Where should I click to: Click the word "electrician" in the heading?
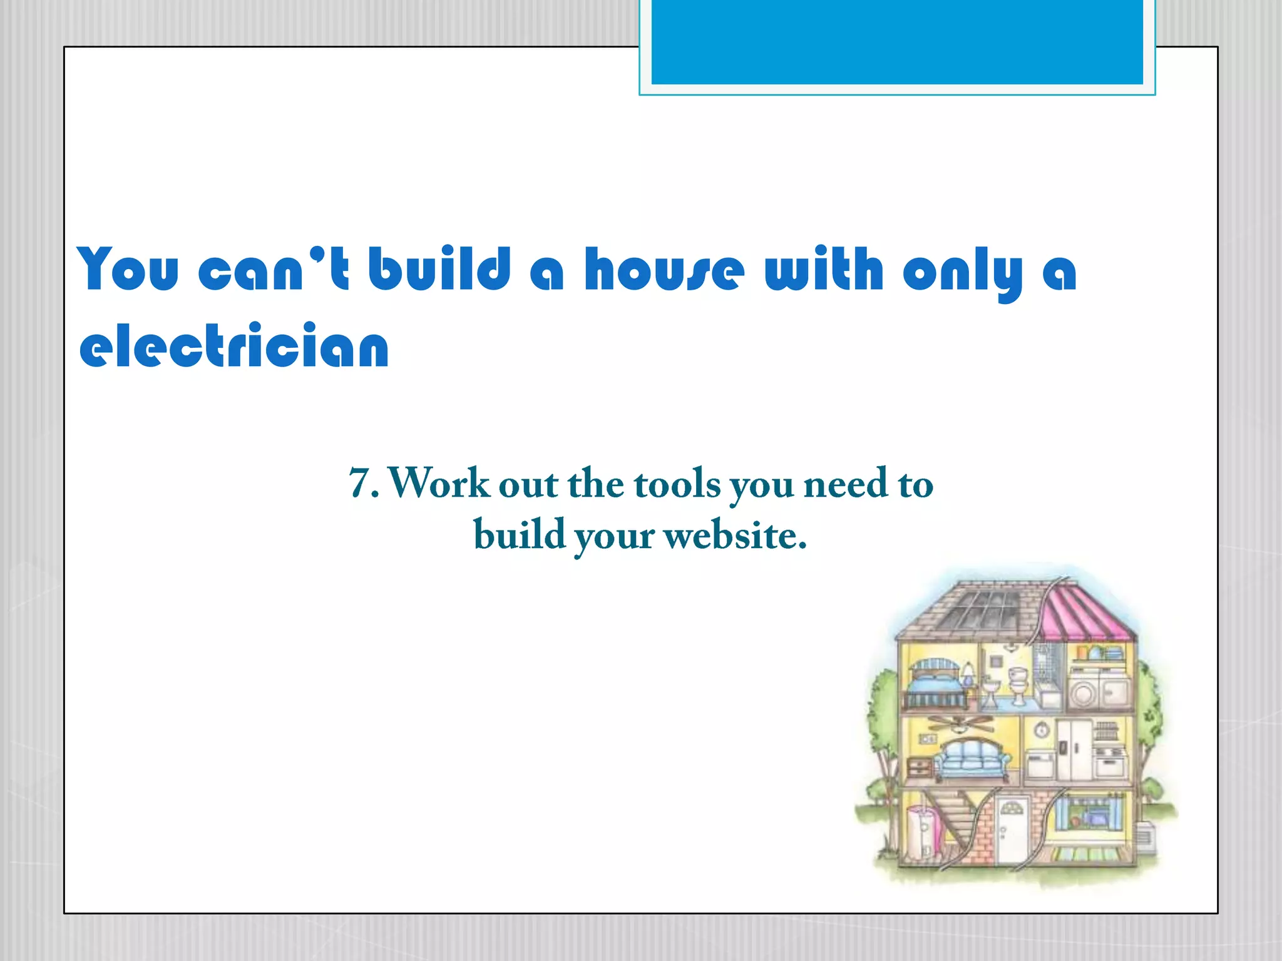click(x=234, y=346)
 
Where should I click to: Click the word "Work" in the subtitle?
click(x=439, y=484)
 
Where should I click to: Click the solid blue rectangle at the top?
click(x=896, y=41)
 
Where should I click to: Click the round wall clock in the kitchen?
click(x=1040, y=730)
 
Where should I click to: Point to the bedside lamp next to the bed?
click(x=968, y=675)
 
